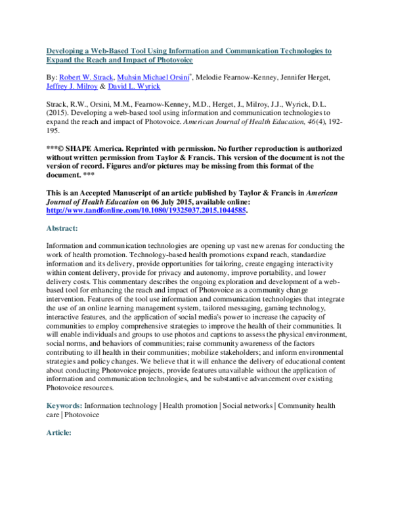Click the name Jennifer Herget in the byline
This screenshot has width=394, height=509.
(x=313, y=77)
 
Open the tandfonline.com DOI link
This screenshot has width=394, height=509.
(x=146, y=212)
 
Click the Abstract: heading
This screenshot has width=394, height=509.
(x=62, y=229)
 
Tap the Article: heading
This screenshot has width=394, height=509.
(x=59, y=433)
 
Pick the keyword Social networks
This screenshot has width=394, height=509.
(x=248, y=407)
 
